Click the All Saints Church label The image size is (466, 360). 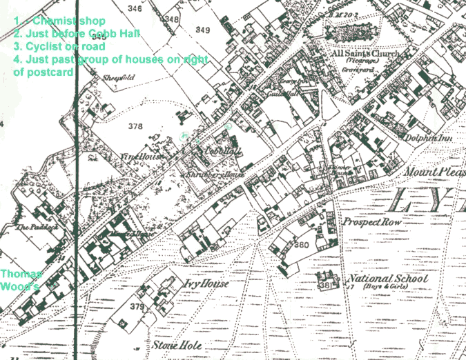365,53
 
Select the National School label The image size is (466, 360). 387,279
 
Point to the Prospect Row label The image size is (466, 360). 373,223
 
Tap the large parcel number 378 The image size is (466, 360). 135,126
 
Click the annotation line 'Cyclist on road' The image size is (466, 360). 59,46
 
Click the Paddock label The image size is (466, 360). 30,226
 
